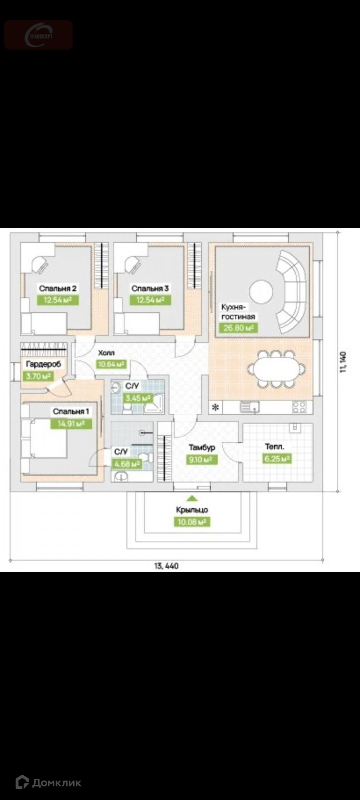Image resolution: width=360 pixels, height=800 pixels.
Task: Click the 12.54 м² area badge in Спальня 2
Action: click(x=58, y=300)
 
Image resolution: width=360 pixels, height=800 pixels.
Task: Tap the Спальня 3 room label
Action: click(x=150, y=288)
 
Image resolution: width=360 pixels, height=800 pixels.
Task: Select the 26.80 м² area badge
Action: click(x=238, y=328)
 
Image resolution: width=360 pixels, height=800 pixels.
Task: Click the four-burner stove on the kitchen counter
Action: click(x=299, y=407)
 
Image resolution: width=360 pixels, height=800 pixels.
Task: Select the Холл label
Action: click(x=106, y=353)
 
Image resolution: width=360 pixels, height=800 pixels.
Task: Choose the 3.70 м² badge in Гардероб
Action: click(x=37, y=376)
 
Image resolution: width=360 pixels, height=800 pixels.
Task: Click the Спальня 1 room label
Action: click(x=71, y=411)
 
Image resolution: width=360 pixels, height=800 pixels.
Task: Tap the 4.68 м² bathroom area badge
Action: click(x=127, y=464)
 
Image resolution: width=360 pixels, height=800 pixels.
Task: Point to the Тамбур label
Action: click(x=202, y=448)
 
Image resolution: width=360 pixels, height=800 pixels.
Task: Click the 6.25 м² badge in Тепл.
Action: click(x=277, y=459)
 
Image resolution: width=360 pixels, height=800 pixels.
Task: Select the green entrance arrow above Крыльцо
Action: click(x=192, y=498)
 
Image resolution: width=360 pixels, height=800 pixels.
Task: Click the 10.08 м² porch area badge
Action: click(x=192, y=522)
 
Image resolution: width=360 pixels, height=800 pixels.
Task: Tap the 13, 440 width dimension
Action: click(x=166, y=566)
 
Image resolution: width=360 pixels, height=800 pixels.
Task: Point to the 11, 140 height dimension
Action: click(x=343, y=362)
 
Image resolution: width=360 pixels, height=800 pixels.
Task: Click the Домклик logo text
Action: click(x=56, y=783)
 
